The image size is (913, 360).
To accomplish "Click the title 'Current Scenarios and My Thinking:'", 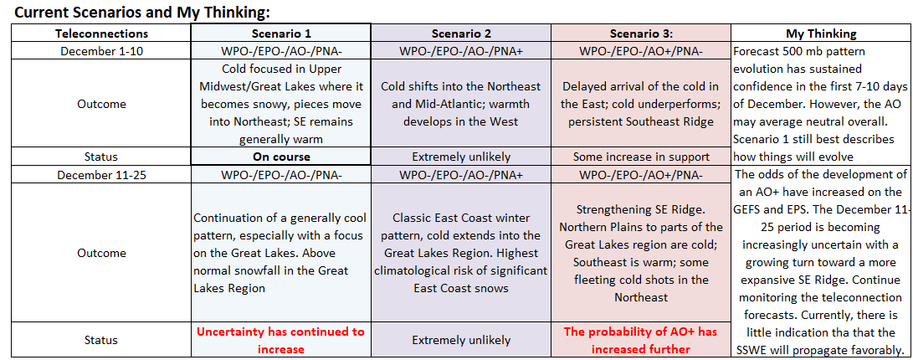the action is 141,12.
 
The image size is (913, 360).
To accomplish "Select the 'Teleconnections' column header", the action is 101,33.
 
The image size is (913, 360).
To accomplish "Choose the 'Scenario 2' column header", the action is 460,33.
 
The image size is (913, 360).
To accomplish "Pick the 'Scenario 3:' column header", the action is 640,33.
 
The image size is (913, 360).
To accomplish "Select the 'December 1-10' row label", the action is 101,51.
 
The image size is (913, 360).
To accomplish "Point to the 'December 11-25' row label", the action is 101,174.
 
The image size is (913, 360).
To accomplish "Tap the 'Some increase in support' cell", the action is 640,156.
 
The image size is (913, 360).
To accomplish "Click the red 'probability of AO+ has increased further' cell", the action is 640,340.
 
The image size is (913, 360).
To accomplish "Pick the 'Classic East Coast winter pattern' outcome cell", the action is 460,253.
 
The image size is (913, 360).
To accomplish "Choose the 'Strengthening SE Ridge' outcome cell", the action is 640,253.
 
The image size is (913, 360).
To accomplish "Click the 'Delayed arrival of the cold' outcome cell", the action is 640,104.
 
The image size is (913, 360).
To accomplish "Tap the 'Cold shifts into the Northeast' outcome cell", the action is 460,104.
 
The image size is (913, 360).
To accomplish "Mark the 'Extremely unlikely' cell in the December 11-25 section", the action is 460,340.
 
